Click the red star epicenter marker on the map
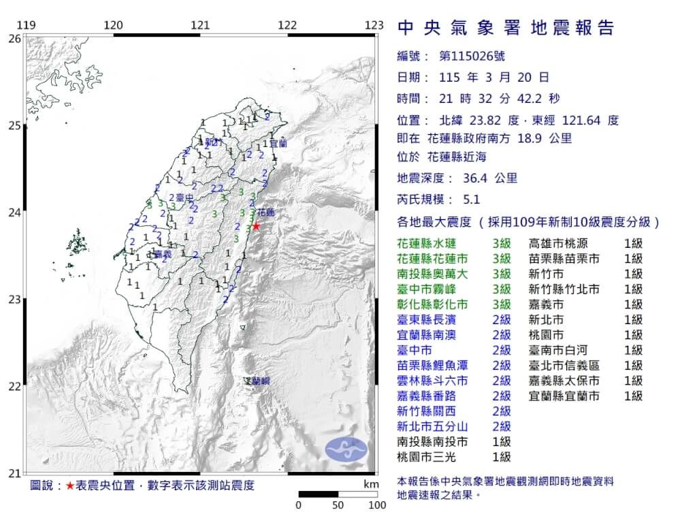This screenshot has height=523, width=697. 256,226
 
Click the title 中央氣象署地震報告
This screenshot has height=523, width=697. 505,28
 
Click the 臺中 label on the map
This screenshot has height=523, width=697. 184,198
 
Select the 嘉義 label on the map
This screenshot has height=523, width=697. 162,254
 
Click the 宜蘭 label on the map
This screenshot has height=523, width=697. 278,144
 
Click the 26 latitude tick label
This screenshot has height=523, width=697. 14,39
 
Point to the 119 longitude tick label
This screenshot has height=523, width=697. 26,25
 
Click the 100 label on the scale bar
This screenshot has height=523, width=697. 377,505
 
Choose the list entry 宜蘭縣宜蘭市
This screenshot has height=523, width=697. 565,396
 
